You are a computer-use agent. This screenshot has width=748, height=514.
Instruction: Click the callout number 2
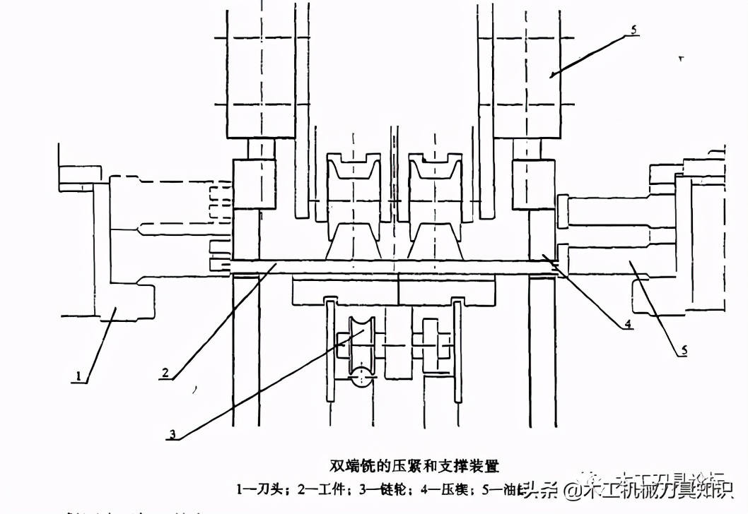(x=163, y=373)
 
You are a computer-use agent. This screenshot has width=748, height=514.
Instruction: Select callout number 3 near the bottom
(x=172, y=434)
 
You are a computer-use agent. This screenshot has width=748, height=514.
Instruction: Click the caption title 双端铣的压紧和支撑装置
(x=414, y=466)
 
